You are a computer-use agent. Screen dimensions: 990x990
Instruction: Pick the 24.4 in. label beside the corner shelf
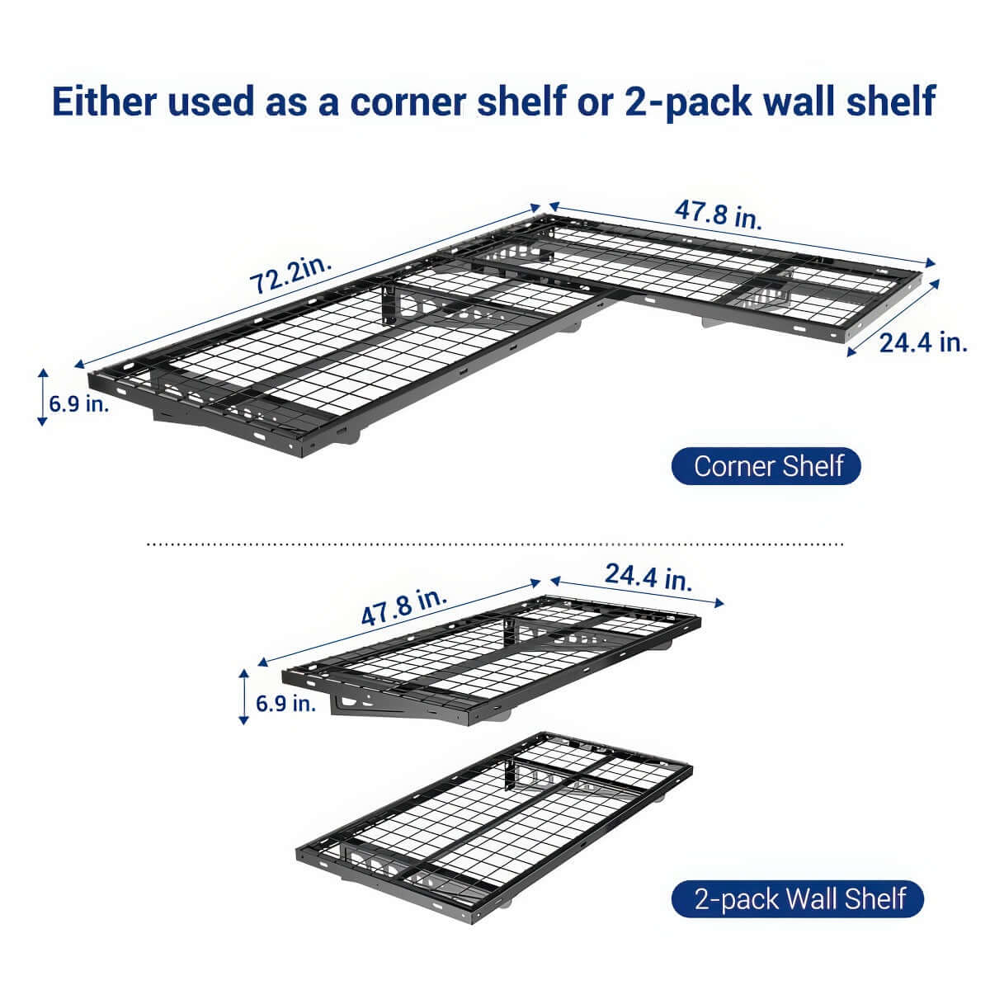922,342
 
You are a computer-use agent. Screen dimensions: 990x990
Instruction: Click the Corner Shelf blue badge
767,466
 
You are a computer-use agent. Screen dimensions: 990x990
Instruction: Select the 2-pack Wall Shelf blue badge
798,898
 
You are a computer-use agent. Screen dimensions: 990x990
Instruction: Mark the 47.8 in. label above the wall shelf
403,607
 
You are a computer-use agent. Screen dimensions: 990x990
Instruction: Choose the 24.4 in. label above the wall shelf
648,577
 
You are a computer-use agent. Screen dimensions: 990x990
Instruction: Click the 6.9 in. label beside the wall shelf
285,704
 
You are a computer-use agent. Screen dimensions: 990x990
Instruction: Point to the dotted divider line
495,544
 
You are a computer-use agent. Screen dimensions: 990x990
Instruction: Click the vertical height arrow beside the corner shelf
42,398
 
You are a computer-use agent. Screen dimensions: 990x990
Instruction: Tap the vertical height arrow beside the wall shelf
243,697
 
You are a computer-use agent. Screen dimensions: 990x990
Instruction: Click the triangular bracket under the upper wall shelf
363,705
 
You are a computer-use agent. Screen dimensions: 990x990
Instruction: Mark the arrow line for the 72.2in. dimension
305,289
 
